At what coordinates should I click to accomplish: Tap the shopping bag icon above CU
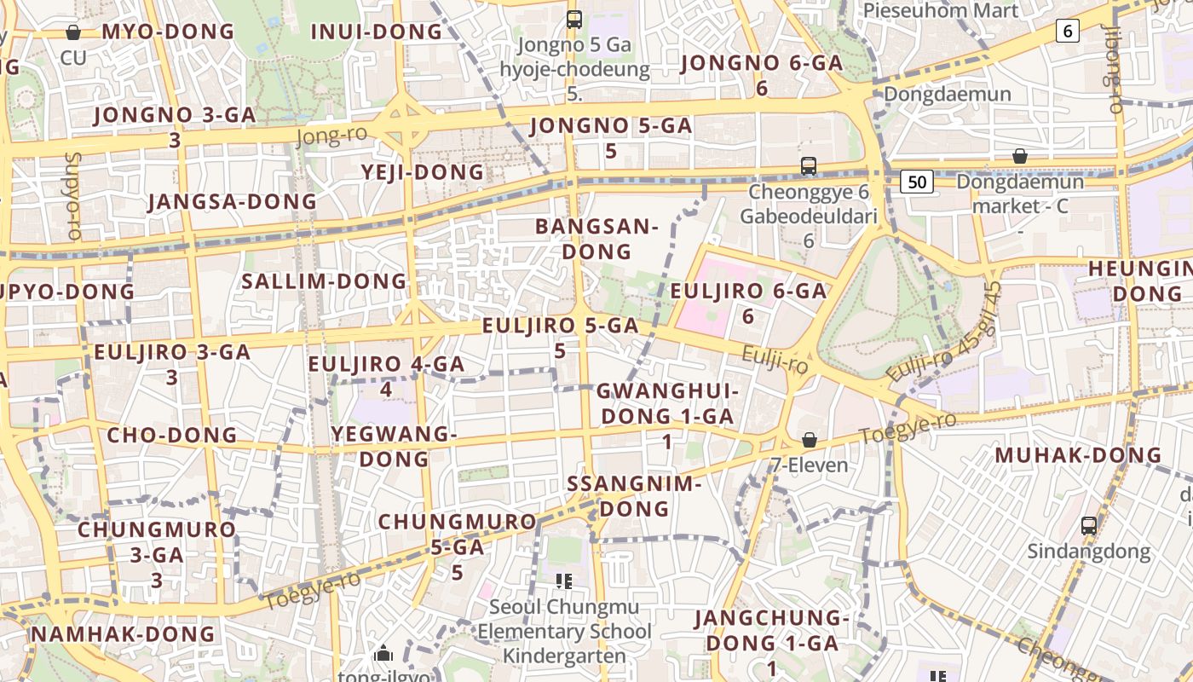73,32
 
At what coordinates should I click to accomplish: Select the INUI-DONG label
376,32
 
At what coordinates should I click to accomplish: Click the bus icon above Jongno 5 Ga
574,19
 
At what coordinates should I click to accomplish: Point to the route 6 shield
1067,32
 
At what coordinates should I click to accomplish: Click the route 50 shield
917,181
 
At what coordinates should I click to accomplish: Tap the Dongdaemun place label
948,94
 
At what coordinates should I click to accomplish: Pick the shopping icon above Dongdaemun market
1019,156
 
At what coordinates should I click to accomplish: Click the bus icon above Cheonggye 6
808,165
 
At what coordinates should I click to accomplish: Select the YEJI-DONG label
423,172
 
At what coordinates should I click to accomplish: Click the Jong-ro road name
331,135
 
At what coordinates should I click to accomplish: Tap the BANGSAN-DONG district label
596,240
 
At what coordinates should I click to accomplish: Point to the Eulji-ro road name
775,359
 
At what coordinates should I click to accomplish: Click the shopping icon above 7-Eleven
810,440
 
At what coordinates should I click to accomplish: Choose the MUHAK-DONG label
1078,455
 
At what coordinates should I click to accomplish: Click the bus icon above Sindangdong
1088,525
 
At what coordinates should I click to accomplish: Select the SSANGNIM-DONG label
634,496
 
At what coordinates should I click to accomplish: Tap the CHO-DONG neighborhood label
171,435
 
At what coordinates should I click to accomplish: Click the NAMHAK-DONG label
123,634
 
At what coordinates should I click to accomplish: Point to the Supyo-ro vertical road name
72,196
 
